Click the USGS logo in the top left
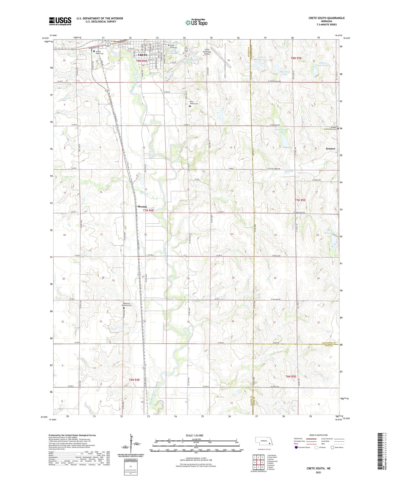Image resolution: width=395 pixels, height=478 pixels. (60, 21)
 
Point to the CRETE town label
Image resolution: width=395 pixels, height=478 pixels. (142, 55)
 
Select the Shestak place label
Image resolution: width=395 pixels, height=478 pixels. (142, 207)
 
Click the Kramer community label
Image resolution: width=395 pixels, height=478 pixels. (331, 149)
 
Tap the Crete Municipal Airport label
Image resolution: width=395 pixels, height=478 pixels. (207, 52)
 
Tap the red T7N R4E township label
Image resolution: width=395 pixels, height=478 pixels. (148, 211)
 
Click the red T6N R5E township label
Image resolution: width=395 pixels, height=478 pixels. (291, 376)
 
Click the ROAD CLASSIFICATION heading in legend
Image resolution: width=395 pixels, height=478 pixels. (319, 435)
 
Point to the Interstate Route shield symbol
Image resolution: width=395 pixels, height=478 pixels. (296, 447)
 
